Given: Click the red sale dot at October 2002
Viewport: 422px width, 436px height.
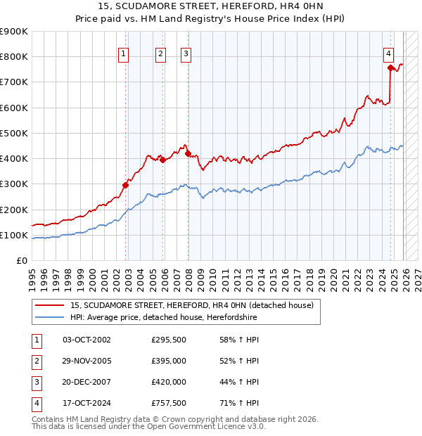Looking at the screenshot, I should [x=126, y=186].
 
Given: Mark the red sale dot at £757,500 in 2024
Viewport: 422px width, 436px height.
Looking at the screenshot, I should [x=390, y=68].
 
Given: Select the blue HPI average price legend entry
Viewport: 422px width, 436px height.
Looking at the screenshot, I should [x=164, y=318].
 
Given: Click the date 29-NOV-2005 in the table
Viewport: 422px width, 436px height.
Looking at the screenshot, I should [x=87, y=361].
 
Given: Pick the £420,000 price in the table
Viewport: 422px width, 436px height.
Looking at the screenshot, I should [x=169, y=382].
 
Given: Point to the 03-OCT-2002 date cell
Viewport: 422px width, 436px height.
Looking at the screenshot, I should [x=87, y=340].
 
